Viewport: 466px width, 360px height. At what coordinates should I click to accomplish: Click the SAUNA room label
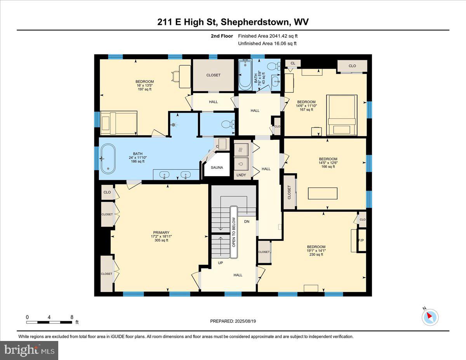click(217, 167)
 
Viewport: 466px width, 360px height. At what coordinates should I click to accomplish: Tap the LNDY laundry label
click(241, 175)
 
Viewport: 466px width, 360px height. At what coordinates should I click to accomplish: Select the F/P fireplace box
click(361, 240)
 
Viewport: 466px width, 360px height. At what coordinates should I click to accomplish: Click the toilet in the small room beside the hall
click(226, 124)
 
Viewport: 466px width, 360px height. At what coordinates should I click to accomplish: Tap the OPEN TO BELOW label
click(234, 232)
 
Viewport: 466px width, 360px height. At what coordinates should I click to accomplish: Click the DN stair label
click(247, 221)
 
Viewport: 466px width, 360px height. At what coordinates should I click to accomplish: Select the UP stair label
click(220, 263)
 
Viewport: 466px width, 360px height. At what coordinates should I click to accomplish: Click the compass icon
click(430, 317)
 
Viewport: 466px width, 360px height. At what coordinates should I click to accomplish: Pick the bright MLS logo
click(29, 350)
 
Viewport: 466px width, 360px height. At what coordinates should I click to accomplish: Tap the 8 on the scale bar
click(71, 317)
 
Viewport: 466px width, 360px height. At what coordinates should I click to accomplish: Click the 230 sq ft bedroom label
click(316, 250)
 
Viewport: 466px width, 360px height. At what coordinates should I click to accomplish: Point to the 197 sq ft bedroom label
click(143, 85)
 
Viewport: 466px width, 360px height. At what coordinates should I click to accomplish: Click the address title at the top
click(233, 22)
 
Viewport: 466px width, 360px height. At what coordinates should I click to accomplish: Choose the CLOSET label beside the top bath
click(213, 75)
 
